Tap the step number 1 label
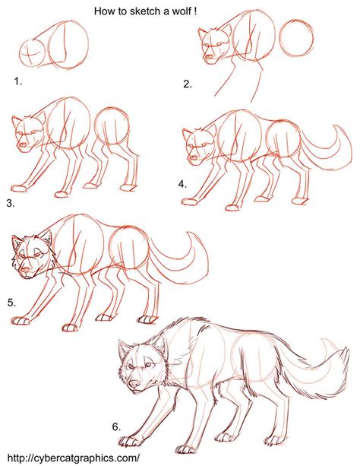tap(17, 79)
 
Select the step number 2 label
tap(187, 84)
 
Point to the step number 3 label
tap(10, 203)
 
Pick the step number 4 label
tap(182, 183)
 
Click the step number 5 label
tap(11, 302)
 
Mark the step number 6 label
tap(117, 426)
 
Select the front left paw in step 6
tap(130, 439)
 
